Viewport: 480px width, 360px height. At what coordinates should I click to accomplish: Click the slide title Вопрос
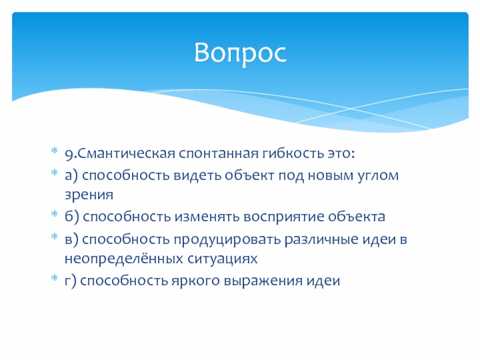click(241, 53)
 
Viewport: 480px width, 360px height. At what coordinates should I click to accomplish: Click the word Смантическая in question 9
click(126, 153)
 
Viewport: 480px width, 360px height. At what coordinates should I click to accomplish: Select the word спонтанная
click(218, 153)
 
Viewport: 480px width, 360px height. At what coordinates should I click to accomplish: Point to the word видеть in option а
click(197, 175)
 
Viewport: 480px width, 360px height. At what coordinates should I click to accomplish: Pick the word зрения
click(89, 194)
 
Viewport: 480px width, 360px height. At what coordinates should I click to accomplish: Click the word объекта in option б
click(356, 216)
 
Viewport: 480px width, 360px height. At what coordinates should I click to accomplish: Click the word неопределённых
click(124, 259)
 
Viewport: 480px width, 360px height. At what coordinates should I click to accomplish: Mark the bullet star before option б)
click(54, 214)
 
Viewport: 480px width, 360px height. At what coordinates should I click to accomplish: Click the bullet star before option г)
click(54, 278)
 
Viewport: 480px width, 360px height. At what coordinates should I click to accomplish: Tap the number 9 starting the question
click(69, 154)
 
